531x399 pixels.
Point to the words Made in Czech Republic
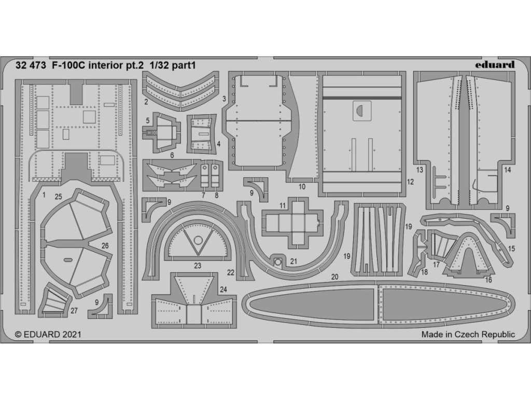(x=468, y=335)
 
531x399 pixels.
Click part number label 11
(x=282, y=206)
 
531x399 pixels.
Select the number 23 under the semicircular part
(x=198, y=265)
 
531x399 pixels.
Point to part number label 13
(x=420, y=170)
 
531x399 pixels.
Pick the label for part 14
(x=507, y=170)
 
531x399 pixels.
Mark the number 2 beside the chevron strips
(x=147, y=102)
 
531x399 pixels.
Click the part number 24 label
(x=223, y=289)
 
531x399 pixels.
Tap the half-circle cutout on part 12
(x=359, y=110)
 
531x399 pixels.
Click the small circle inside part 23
(x=198, y=240)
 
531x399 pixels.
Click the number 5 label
(x=148, y=121)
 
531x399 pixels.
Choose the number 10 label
(x=302, y=186)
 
